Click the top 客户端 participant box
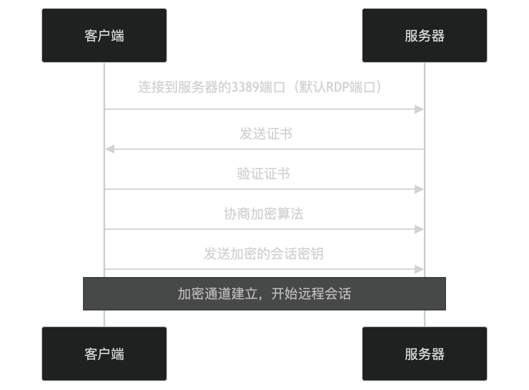[x=104, y=35]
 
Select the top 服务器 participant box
[x=424, y=35]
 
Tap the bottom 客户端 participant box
[x=104, y=354]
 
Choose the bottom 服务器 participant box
[x=424, y=354]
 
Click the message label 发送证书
[x=266, y=134]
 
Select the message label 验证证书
[x=263, y=174]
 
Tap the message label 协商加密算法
[x=264, y=214]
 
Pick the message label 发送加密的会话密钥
[x=264, y=254]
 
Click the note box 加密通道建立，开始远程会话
[x=264, y=294]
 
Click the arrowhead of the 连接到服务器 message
[x=419, y=110]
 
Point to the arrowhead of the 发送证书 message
[x=109, y=149]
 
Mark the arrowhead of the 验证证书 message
[x=419, y=189]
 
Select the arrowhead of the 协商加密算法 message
[x=419, y=229]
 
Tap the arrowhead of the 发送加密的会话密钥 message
[x=419, y=269]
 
